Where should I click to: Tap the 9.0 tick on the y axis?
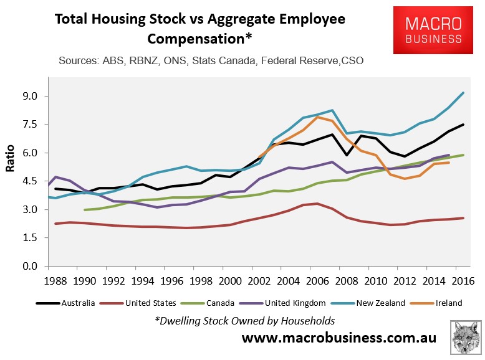point(31,97)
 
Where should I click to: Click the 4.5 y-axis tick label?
point(31,181)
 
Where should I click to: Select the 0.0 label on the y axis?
point(31,267)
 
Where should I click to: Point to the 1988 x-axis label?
point(56,280)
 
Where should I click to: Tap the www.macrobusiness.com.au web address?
point(339,338)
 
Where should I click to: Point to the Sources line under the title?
point(211,61)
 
